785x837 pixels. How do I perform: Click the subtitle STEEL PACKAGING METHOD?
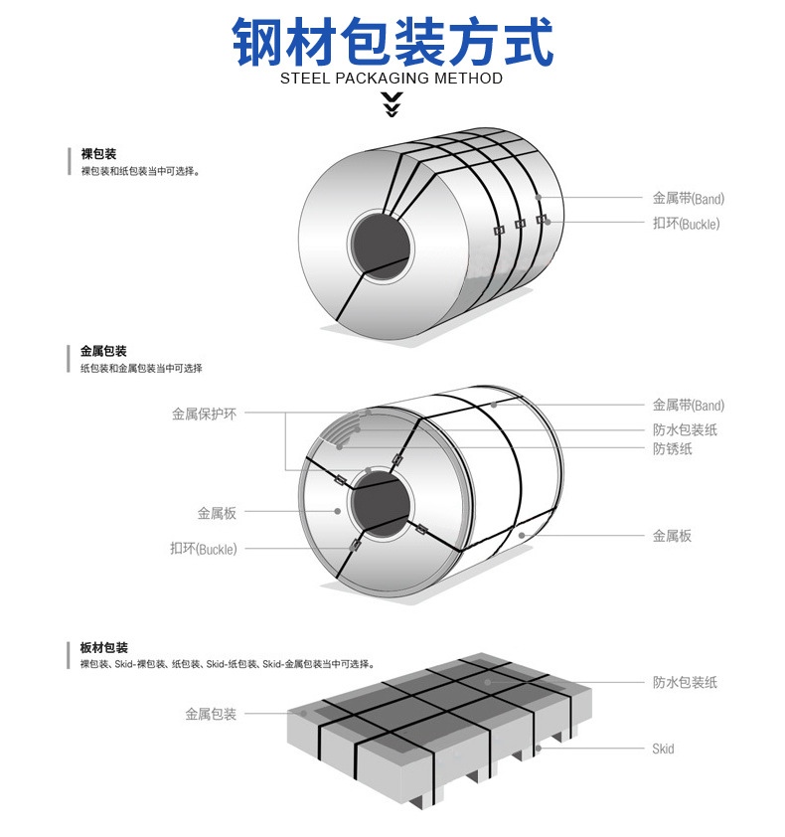pyautogui.click(x=392, y=79)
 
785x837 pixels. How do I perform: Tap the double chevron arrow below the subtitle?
pyautogui.click(x=392, y=102)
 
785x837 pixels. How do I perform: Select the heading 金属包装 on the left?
pyautogui.click(x=103, y=351)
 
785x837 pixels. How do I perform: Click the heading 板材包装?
pyautogui.click(x=103, y=647)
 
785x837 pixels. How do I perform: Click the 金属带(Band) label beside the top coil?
pyautogui.click(x=688, y=198)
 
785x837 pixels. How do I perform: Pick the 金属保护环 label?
pyautogui.click(x=204, y=414)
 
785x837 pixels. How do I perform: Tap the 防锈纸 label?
pyautogui.click(x=673, y=449)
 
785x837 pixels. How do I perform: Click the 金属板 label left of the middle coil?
pyautogui.click(x=217, y=513)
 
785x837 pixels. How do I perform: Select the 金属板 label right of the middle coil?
pyautogui.click(x=672, y=536)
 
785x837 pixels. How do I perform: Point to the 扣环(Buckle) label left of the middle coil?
pyautogui.click(x=204, y=548)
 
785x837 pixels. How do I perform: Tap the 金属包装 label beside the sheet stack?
pyautogui.click(x=211, y=714)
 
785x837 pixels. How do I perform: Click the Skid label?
pyautogui.click(x=663, y=748)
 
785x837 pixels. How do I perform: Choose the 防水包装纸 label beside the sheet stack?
pyautogui.click(x=685, y=682)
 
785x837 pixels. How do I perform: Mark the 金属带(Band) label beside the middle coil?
pyautogui.click(x=688, y=405)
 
